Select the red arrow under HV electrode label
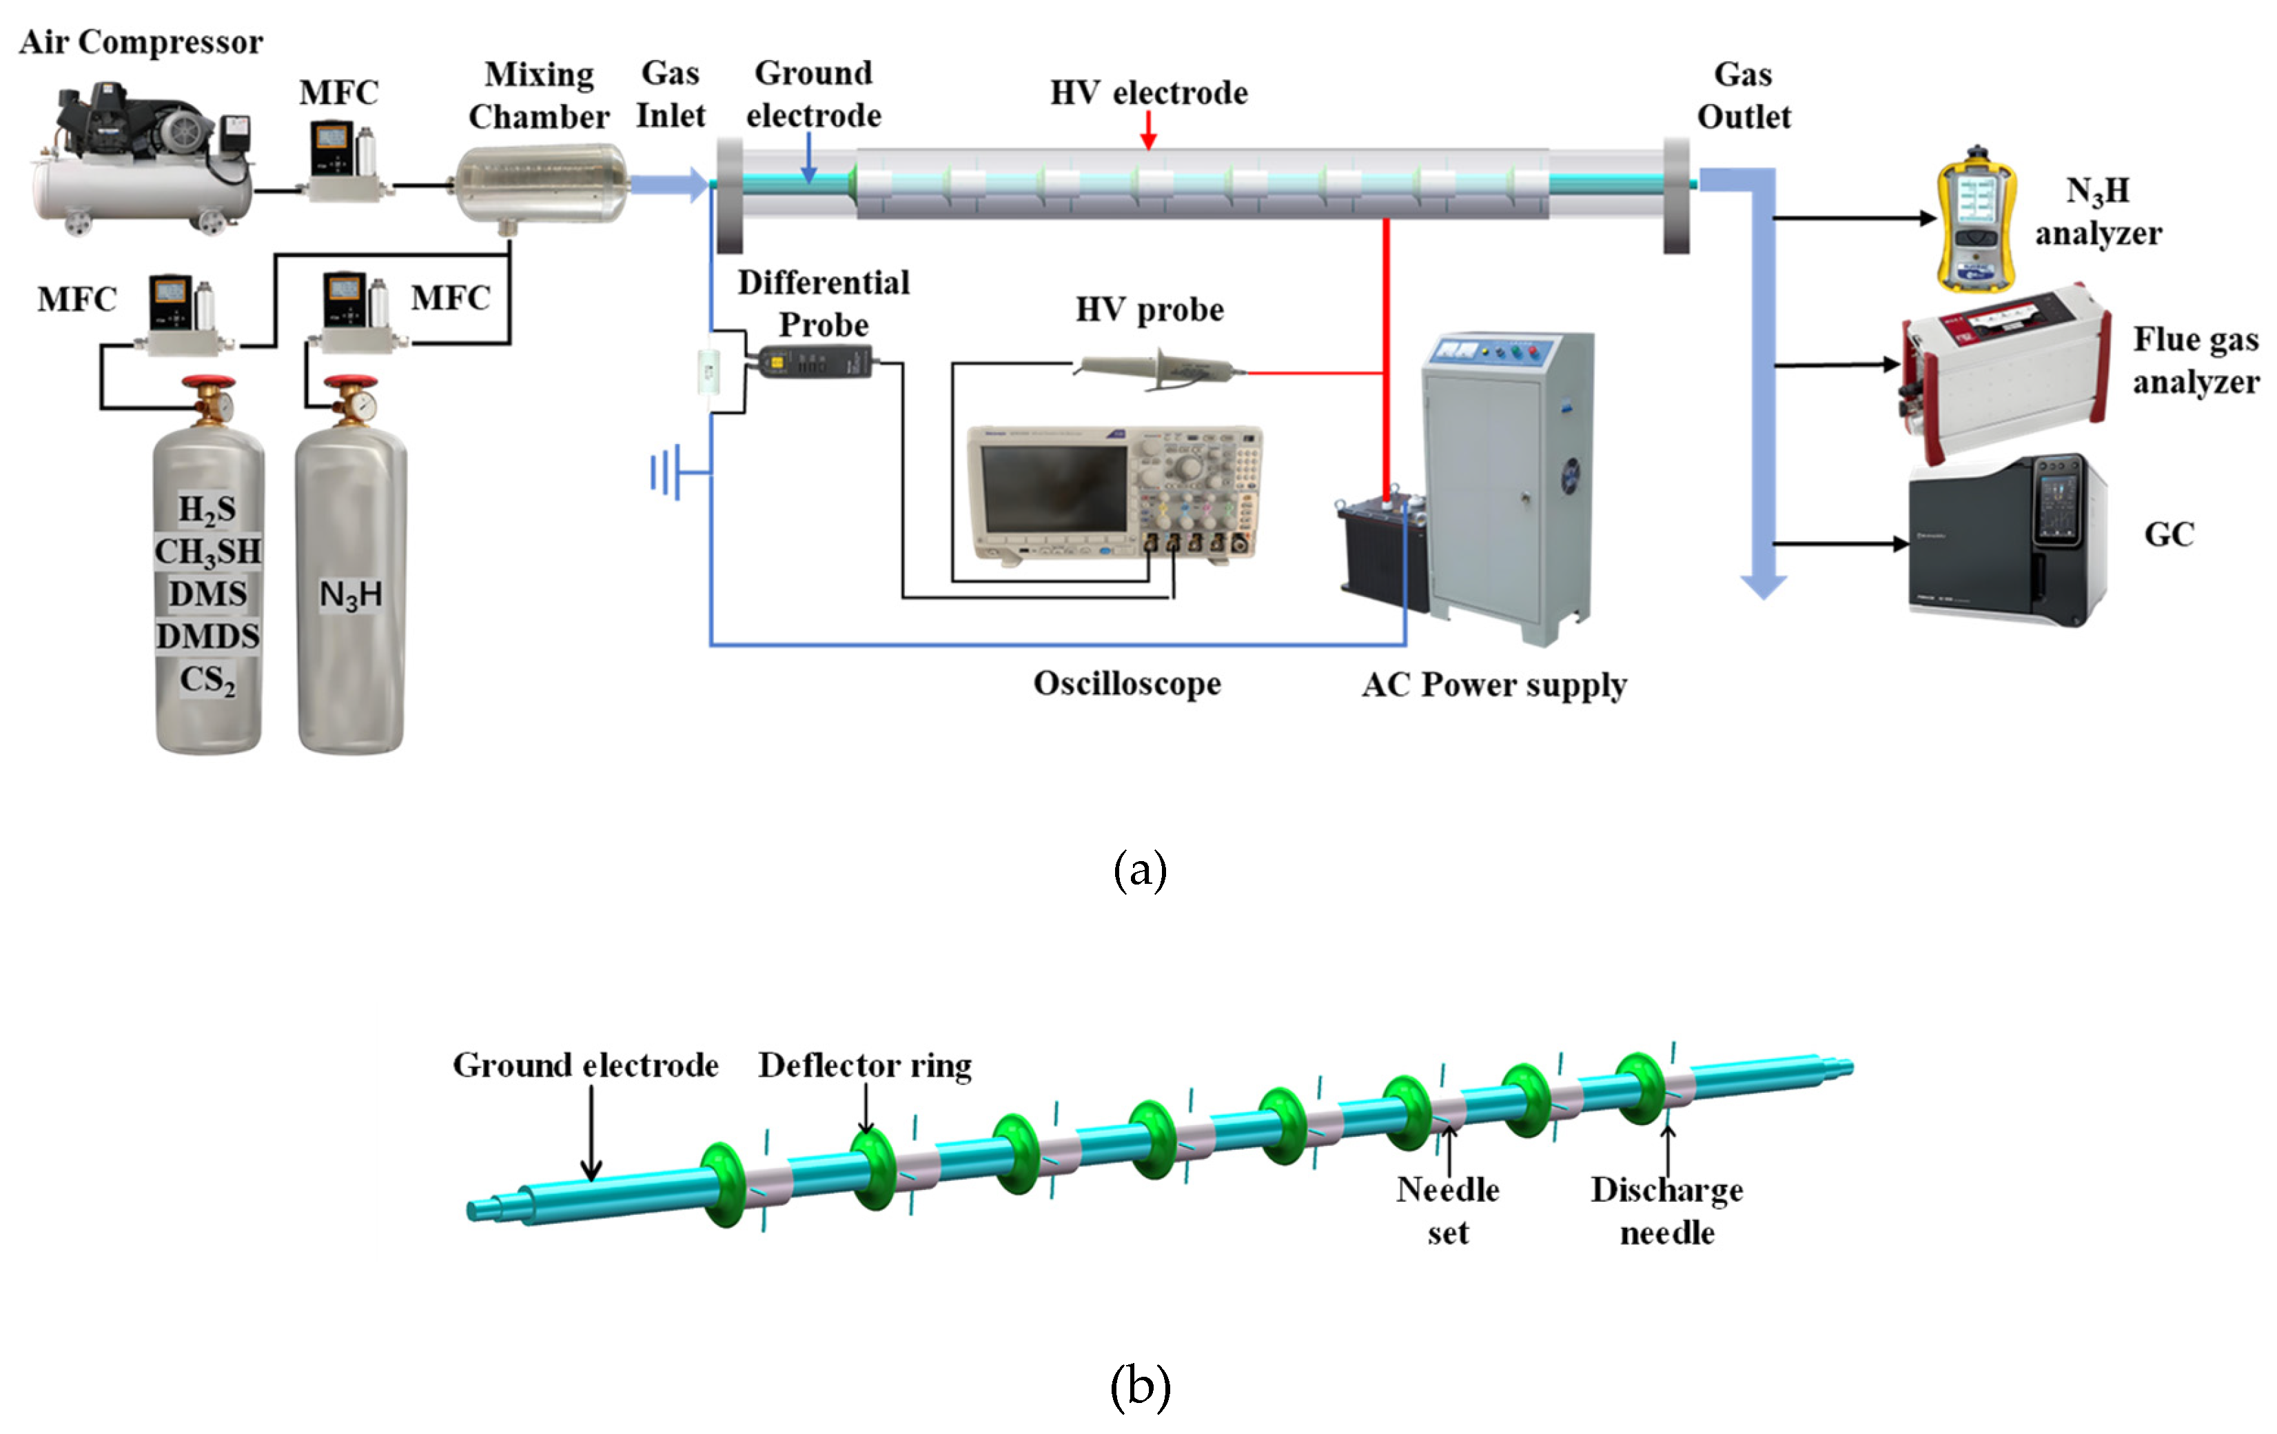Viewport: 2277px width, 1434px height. pyautogui.click(x=1148, y=130)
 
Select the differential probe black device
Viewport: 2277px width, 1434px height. pyautogui.click(x=813, y=361)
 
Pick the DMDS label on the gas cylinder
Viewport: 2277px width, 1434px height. pyautogui.click(x=208, y=636)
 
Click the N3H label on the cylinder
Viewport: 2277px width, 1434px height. pyautogui.click(x=351, y=594)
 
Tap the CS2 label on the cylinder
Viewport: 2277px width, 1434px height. pyautogui.click(x=208, y=679)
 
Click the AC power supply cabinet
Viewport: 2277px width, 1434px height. pyautogui.click(x=1508, y=483)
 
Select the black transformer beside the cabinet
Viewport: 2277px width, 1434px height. pyautogui.click(x=1382, y=549)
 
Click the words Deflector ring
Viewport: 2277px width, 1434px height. pyautogui.click(x=864, y=1065)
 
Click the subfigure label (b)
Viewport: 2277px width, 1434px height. pyautogui.click(x=1139, y=1386)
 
